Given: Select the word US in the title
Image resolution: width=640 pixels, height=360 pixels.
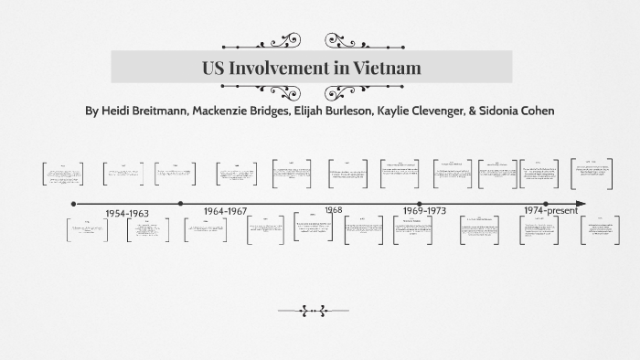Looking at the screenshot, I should tap(214, 67).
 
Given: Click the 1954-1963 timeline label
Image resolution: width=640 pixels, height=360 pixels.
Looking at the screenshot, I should tap(127, 213).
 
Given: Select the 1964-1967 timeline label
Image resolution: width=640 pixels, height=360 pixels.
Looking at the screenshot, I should tap(226, 210).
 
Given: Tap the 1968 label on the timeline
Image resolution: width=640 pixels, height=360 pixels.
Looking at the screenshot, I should tap(333, 209).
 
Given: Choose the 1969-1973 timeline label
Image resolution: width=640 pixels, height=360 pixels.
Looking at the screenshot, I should tap(424, 210).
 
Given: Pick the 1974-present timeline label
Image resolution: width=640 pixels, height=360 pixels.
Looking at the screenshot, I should tap(551, 210).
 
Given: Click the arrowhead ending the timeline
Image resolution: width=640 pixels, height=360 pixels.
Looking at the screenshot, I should tap(581, 204).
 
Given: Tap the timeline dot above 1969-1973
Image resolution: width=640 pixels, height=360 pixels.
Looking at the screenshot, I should tap(420, 204).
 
